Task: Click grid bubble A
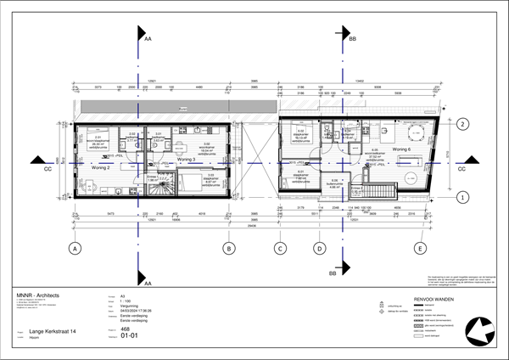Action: coord(76,249)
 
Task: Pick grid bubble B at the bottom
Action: coord(228,249)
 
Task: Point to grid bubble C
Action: coord(279,249)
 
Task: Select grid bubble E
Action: coord(420,249)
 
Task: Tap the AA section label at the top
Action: coord(149,39)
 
